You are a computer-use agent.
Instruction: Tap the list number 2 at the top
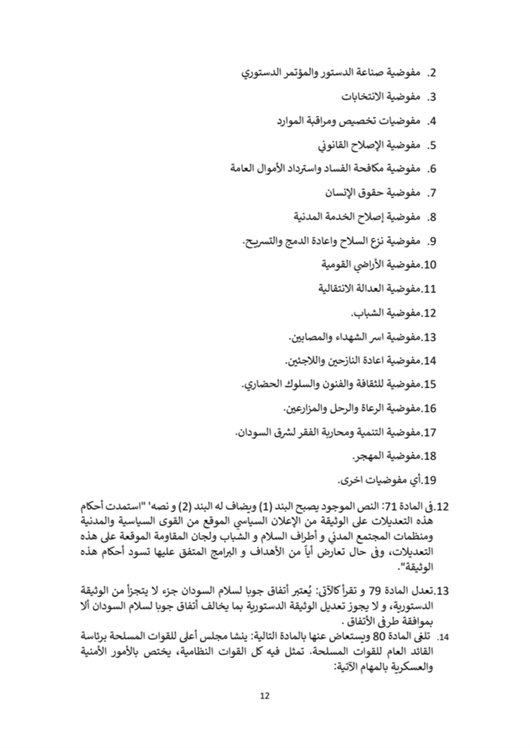tap(432, 74)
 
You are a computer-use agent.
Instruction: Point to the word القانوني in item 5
tap(325, 145)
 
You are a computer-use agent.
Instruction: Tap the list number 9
tap(432, 240)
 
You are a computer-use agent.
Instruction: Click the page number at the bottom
tap(265, 695)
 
